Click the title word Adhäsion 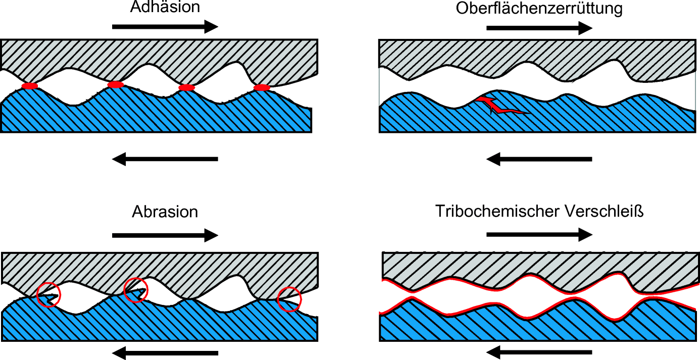click(x=165, y=7)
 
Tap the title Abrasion click(x=165, y=212)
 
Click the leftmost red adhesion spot click(x=30, y=86)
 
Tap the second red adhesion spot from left click(x=116, y=84)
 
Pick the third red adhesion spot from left click(x=186, y=87)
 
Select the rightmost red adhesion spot click(x=262, y=87)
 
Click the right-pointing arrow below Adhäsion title click(x=165, y=27)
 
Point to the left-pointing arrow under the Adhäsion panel click(x=165, y=159)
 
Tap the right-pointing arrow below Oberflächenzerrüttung click(x=539, y=28)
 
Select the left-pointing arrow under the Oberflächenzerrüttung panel click(x=539, y=159)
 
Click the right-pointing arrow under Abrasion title click(x=165, y=235)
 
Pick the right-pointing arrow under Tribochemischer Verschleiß click(x=539, y=235)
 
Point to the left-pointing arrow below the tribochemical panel click(x=539, y=352)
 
